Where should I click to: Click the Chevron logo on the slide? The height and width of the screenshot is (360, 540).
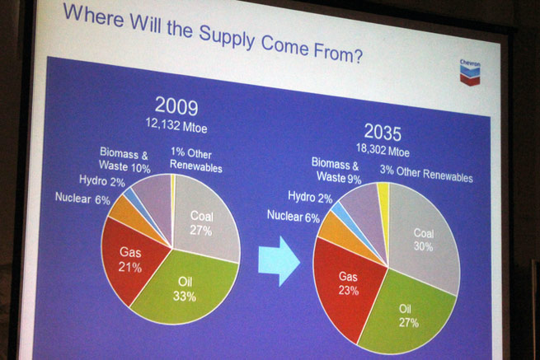(x=470, y=72)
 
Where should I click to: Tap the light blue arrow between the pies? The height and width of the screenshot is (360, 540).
(x=279, y=261)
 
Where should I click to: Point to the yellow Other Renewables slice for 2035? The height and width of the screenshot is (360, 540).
(x=383, y=207)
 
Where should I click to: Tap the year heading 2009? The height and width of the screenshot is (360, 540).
(x=176, y=106)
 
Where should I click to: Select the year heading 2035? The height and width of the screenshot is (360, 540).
(x=383, y=132)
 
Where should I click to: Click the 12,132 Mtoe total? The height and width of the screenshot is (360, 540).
(x=176, y=125)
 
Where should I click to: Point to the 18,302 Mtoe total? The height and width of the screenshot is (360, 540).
(x=383, y=150)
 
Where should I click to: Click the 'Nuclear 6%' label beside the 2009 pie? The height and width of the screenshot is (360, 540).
(x=82, y=199)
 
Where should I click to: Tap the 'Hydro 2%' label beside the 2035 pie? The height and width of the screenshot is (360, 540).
(x=310, y=197)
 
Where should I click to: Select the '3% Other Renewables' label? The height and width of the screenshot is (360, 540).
(x=426, y=174)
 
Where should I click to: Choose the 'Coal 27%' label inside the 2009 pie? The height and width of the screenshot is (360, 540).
(x=202, y=223)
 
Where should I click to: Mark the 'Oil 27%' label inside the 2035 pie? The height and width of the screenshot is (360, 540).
(x=408, y=316)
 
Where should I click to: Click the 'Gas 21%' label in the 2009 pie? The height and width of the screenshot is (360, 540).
(x=130, y=259)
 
